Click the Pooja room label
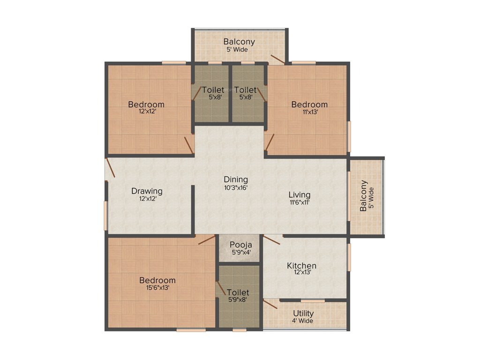coord(241,245)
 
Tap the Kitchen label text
coord(301,266)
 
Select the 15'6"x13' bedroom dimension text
coord(157,288)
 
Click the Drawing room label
coord(147,191)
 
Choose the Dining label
coord(236,180)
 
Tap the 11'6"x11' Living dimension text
coord(299,202)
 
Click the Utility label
coord(303,313)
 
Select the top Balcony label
coord(239,41)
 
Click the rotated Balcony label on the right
coord(364,196)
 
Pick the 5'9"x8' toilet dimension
coord(238,300)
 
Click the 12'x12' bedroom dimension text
coord(146,112)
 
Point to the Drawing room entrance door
coord(110,168)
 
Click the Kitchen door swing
coord(271,240)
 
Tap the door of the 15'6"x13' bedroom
coord(206,240)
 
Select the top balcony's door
coord(277,59)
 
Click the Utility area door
coord(270,304)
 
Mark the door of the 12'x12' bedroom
coord(189,144)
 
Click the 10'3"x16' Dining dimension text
coord(236,187)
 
